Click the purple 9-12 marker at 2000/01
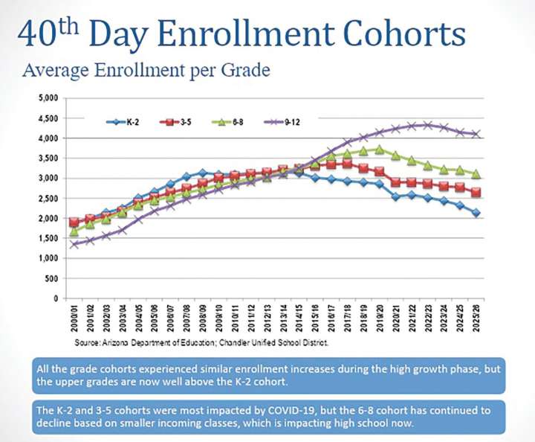(74, 244)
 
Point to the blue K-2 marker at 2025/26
(475, 213)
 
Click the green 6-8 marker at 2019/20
(379, 150)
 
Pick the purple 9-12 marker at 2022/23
(427, 125)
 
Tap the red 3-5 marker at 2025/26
(475, 192)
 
